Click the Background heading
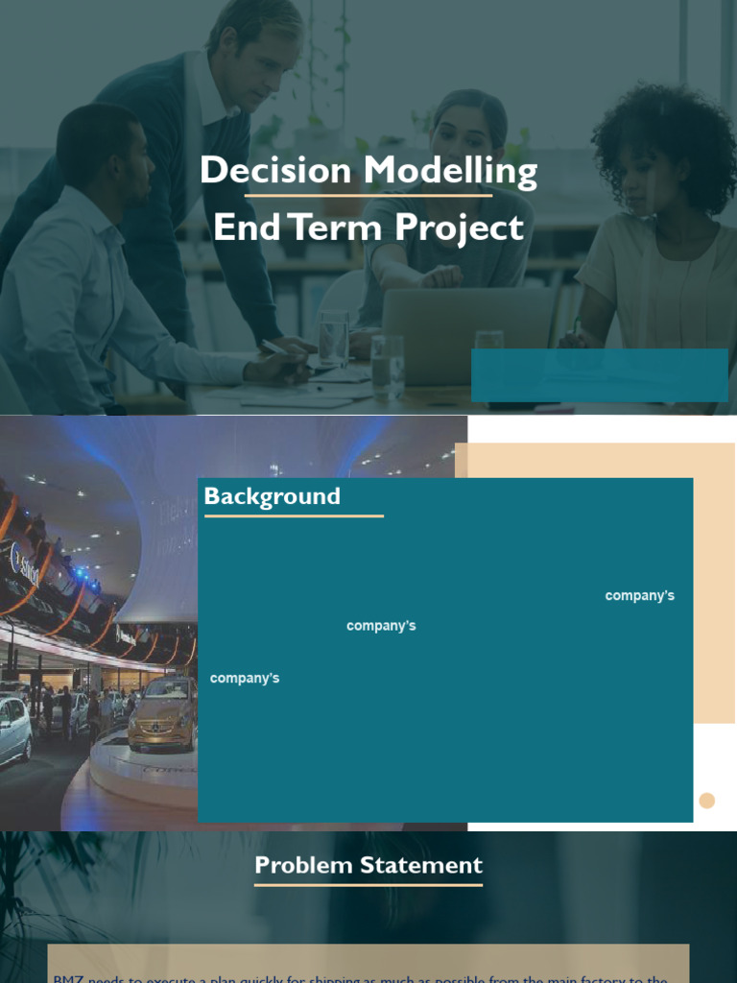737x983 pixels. pos(272,496)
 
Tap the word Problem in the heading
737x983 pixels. pos(303,865)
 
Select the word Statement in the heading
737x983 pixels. pos(422,865)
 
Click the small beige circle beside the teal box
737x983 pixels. pos(707,801)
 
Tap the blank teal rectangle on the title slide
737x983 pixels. pos(599,374)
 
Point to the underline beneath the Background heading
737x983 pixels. pos(294,516)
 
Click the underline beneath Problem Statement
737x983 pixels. pos(368,884)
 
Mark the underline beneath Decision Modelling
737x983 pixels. pos(368,196)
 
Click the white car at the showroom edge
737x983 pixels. pos(14,730)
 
